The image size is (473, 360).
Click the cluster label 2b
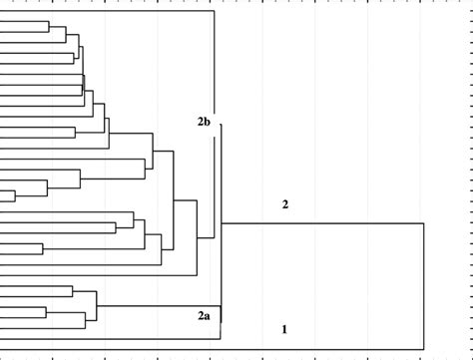tap(204, 122)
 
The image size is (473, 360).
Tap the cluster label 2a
tap(204, 316)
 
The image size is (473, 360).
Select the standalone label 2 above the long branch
tap(285, 205)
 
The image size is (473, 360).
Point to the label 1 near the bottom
tap(285, 328)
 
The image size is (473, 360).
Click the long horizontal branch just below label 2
tap(319, 224)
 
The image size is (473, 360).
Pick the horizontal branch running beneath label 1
tap(319, 338)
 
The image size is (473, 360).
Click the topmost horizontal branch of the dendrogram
tap(110, 13)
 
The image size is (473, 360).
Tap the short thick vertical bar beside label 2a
tap(221, 314)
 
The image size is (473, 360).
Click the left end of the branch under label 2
tap(223, 224)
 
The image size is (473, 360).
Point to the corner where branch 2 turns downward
tap(424, 224)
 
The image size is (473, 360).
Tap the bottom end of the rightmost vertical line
tap(424, 338)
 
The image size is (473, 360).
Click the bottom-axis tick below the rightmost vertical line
tap(424, 351)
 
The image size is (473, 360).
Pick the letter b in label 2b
tap(208, 122)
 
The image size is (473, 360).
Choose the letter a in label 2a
tap(208, 316)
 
